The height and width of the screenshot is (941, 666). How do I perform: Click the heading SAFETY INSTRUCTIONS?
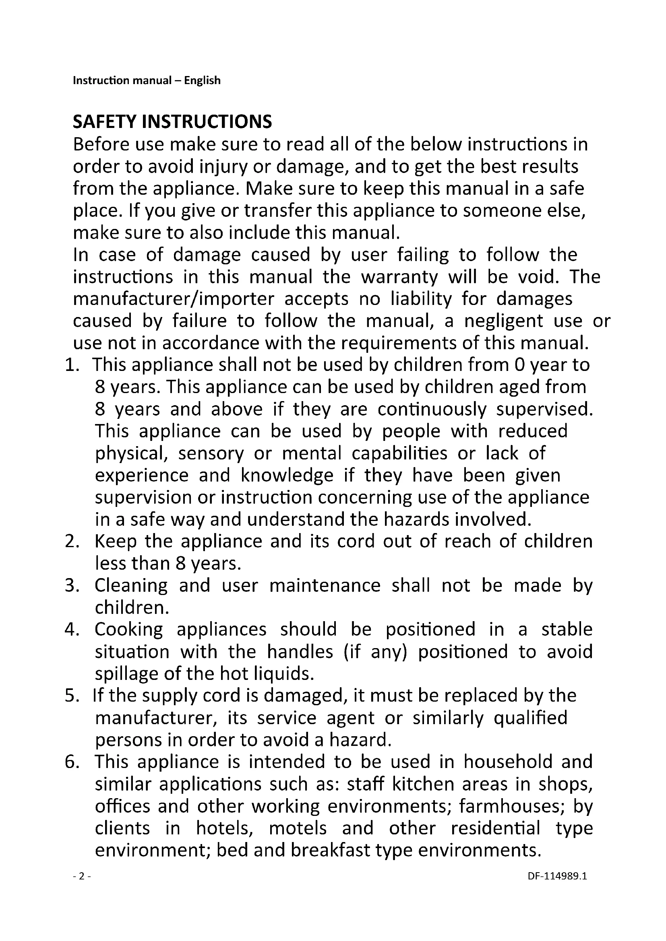[172, 122]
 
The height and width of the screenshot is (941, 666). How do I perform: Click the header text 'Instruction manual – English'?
[147, 80]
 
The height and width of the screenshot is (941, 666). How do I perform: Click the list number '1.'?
[72, 365]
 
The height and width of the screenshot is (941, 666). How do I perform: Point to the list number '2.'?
[72, 542]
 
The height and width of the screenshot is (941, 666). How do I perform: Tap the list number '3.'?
[72, 586]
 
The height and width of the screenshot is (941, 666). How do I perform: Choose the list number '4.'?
[72, 630]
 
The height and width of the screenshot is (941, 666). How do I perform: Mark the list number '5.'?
[72, 696]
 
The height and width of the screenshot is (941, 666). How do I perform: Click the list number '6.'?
[72, 762]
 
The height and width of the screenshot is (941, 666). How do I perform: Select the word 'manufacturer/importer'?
[173, 299]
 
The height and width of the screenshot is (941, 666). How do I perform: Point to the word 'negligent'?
[504, 321]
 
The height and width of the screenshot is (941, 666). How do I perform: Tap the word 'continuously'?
[432, 410]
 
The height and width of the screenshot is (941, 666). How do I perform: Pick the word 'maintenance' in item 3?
[325, 586]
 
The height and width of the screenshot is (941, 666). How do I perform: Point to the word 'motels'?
[298, 828]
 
